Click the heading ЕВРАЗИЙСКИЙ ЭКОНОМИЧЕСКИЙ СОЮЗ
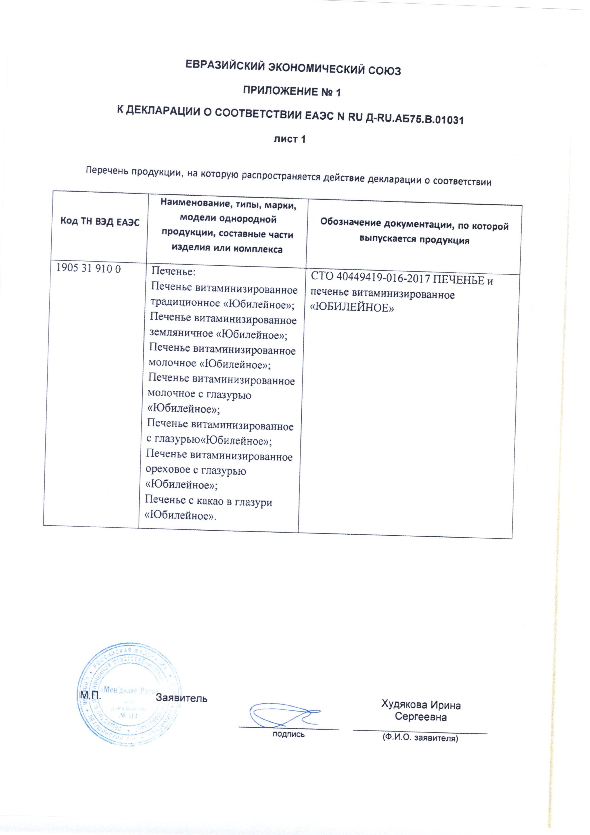[293, 68]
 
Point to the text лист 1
[289, 139]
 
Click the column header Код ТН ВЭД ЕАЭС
[100, 222]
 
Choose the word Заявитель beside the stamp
[181, 698]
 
